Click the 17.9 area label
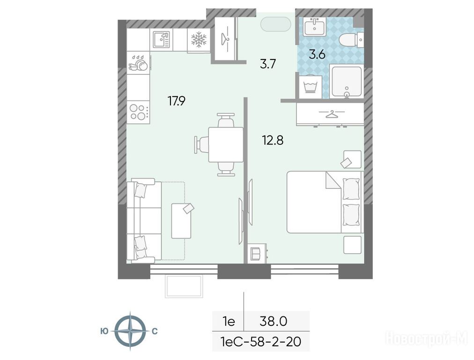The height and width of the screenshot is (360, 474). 177,101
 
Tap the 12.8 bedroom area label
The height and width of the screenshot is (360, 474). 273,140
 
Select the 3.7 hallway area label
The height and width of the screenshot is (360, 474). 268,64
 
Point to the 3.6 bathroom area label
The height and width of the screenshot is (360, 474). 317,54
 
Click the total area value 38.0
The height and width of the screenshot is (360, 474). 273,321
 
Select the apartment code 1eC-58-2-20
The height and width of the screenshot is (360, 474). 261,342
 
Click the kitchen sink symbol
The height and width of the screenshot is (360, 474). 161,40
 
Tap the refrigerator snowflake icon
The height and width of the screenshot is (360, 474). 199,40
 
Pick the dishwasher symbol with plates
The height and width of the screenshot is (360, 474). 139,63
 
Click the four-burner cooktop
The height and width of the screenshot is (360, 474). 138,112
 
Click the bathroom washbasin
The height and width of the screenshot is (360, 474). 314,27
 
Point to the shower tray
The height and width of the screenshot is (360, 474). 347,82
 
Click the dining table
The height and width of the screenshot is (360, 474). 226,144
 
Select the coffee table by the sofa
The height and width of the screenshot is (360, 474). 181,221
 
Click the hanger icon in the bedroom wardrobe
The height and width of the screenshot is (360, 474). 331,114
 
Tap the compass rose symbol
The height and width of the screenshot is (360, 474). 131,331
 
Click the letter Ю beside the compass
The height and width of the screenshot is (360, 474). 104,331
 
